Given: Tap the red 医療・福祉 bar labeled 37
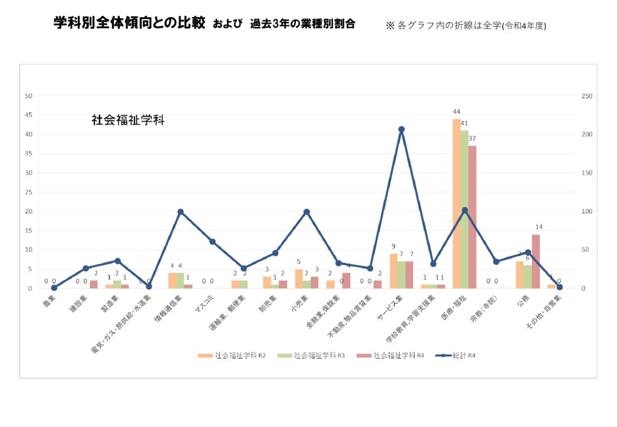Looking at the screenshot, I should click(x=472, y=217).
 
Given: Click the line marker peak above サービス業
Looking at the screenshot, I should click(x=401, y=129).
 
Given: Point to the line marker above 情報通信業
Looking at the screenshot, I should click(x=180, y=211).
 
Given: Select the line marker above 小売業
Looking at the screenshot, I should click(x=307, y=211).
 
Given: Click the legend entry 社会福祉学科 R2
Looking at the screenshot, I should click(x=232, y=355).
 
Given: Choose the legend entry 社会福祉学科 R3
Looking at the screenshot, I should click(x=311, y=355).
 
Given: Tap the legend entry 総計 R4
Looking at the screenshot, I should click(x=457, y=355).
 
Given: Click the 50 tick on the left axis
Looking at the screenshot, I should click(x=28, y=96).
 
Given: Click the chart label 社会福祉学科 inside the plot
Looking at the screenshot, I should click(x=128, y=120).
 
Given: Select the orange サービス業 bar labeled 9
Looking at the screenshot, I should click(x=393, y=271).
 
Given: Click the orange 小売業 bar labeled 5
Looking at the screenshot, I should click(x=299, y=279).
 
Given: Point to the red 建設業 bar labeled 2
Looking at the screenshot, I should click(x=93, y=284).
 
